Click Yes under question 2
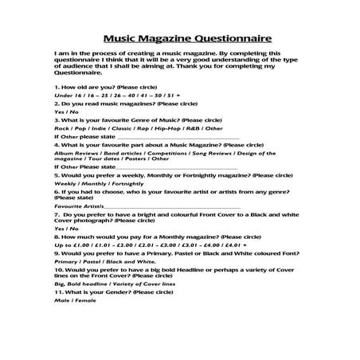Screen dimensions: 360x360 coord(58,111)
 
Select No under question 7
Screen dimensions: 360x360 coord(72,229)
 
